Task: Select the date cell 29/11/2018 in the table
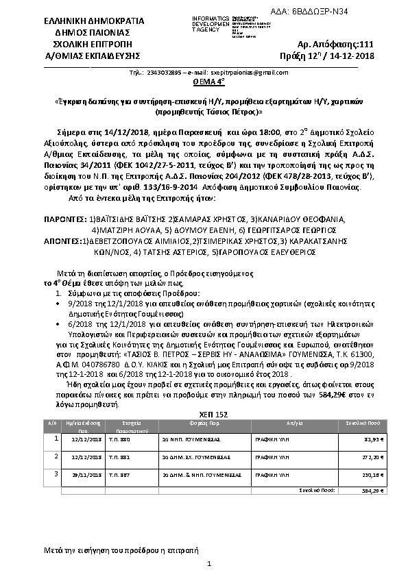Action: tap(85, 473)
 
